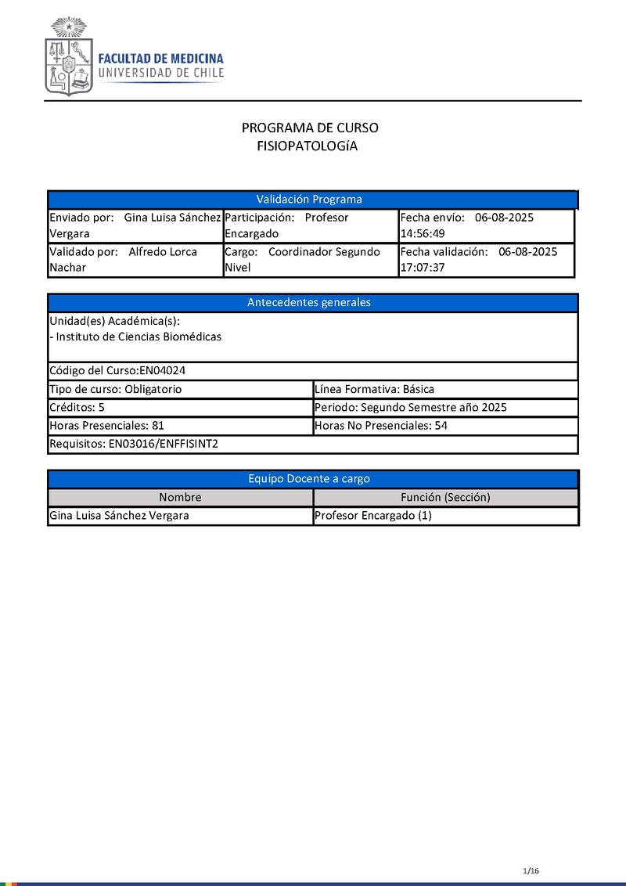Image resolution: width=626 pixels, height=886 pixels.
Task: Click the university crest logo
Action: point(69,56)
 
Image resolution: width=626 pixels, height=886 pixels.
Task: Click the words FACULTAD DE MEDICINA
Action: point(160,59)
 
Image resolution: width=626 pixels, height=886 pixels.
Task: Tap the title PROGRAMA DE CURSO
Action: point(310,128)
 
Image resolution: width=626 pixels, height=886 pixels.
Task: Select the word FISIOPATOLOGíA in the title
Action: point(308,146)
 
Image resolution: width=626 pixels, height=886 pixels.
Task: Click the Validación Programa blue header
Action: point(310,200)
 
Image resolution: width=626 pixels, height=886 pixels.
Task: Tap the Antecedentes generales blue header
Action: point(309,303)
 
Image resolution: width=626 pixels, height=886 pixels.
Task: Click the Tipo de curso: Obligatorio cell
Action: point(116,389)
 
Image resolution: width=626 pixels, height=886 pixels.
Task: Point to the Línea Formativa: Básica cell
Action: point(374,389)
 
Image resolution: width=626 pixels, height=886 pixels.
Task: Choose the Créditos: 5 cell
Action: point(77,408)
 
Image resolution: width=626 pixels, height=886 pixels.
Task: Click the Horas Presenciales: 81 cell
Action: point(106,427)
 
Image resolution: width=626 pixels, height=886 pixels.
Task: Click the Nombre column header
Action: point(180,497)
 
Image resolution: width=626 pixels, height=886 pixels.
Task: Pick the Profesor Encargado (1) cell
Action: point(372,516)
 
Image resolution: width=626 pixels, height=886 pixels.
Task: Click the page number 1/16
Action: point(531,870)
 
